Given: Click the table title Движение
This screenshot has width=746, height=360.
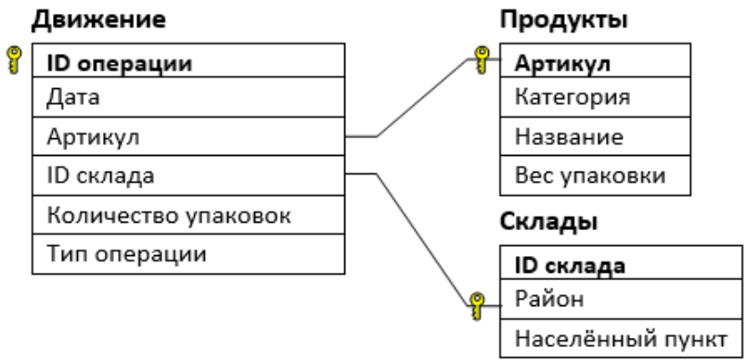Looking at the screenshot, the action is tap(98, 20).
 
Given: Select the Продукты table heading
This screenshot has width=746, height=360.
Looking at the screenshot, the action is tap(564, 20).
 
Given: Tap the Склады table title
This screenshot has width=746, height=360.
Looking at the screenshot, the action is tap(548, 222).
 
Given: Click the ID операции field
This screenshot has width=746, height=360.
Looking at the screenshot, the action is tap(120, 64).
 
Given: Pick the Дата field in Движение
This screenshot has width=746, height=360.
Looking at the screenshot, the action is tap(73, 97).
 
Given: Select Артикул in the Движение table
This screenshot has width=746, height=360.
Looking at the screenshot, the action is tap(93, 138).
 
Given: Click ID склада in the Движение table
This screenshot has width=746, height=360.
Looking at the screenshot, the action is tap(100, 176).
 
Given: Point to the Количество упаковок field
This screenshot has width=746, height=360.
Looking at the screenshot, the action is tap(169, 216).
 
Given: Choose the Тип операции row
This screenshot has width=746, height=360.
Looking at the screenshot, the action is tap(126, 254).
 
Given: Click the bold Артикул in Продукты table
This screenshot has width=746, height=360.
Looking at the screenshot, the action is tap(562, 64).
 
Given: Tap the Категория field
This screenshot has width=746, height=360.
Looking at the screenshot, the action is tap(572, 97).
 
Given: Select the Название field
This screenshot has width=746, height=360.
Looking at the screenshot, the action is tap(569, 138).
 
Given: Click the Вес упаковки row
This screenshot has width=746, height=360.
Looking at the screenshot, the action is tap(590, 176).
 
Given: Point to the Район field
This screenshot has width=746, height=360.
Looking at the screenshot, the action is tap(549, 300).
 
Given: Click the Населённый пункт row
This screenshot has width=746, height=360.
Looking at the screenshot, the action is tap(621, 340).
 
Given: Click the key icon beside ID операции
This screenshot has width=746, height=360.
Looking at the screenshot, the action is tap(14, 59).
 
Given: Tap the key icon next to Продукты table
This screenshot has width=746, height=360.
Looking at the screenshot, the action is tap(482, 59).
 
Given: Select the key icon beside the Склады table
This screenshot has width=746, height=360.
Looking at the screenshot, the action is tap(477, 306).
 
